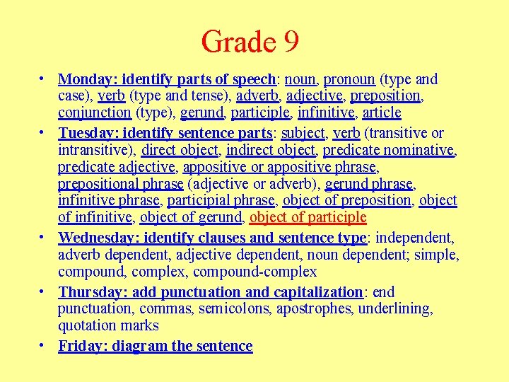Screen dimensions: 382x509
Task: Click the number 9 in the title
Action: (x=290, y=42)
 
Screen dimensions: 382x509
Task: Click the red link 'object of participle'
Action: (x=308, y=218)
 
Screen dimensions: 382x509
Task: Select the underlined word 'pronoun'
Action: (x=349, y=79)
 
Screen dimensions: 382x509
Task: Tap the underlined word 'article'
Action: (x=382, y=113)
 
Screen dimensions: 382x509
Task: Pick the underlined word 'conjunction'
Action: (x=94, y=113)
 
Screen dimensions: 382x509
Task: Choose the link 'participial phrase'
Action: (x=220, y=201)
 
